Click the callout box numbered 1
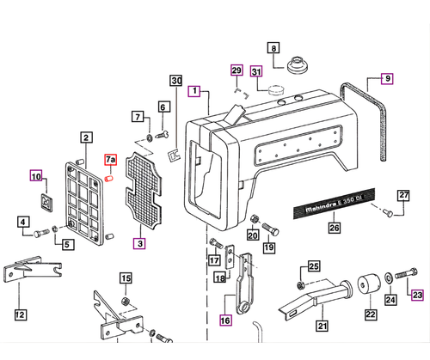tap(195, 90)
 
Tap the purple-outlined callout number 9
tap(387, 79)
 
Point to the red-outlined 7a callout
tap(110, 161)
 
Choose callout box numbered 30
tap(176, 81)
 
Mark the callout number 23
tap(417, 296)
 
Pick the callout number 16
tap(225, 321)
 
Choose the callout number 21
tap(322, 325)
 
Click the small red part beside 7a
tap(110, 179)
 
